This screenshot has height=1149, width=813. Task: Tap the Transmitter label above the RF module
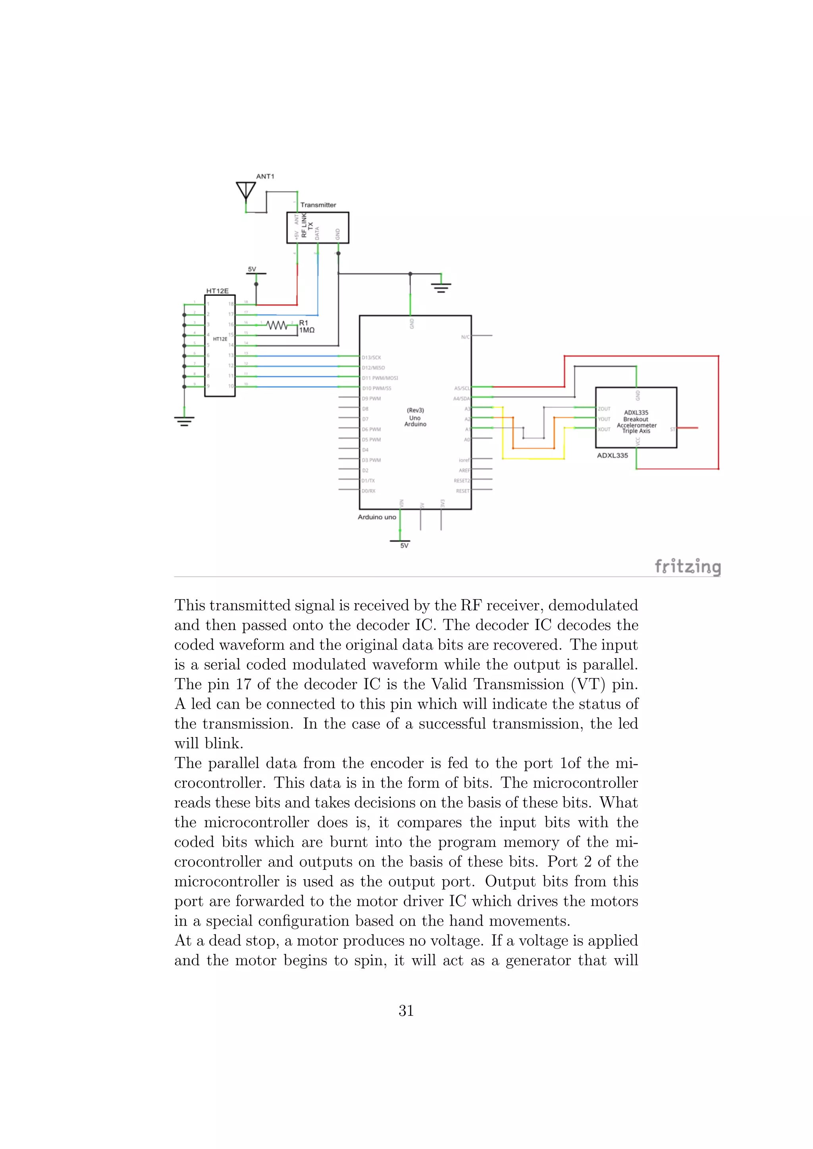click(x=318, y=205)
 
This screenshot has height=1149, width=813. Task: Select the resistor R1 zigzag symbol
click(x=277, y=325)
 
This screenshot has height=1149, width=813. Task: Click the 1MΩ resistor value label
click(x=307, y=330)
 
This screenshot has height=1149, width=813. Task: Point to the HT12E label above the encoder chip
click(x=217, y=291)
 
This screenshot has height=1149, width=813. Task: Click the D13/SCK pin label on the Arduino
click(x=372, y=357)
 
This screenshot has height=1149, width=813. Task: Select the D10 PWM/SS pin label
click(x=376, y=388)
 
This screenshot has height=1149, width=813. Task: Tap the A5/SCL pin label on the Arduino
click(x=462, y=388)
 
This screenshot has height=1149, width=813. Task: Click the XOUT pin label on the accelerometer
click(x=604, y=429)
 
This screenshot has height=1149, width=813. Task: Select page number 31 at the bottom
click(x=406, y=1011)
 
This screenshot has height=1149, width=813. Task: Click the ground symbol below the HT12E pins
click(x=184, y=421)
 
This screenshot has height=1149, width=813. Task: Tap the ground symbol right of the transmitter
click(x=441, y=287)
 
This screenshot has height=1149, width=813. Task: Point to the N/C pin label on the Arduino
click(x=465, y=337)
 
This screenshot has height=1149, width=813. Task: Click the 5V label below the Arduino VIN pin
click(x=404, y=546)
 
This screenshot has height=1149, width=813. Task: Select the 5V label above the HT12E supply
click(x=252, y=269)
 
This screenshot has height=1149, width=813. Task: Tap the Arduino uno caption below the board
click(x=376, y=517)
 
